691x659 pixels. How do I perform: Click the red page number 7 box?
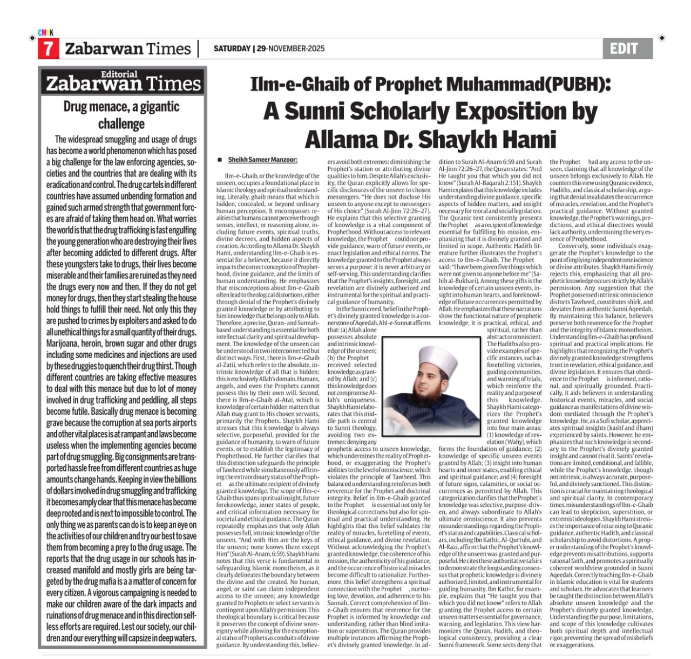[48, 49]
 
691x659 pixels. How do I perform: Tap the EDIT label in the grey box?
[624, 49]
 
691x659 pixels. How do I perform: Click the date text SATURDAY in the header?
[232, 49]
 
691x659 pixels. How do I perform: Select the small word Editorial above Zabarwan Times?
[119, 74]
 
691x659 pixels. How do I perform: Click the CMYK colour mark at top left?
[46, 33]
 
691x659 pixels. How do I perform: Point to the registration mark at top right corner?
[662, 38]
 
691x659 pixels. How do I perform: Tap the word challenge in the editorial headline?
[121, 123]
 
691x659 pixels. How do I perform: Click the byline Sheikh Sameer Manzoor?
[262, 160]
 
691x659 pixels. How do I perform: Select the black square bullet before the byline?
[220, 160]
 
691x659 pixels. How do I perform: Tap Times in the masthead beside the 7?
[168, 49]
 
